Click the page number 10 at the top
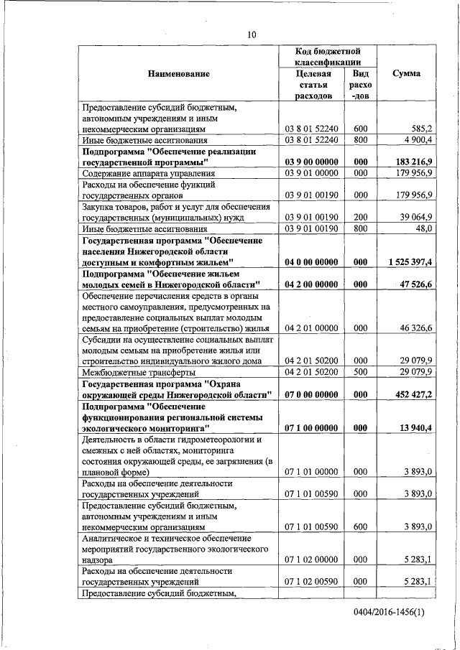[x=252, y=34]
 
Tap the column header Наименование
[x=179, y=74]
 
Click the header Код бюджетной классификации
[x=327, y=57]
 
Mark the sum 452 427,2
[x=412, y=394]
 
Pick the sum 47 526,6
[x=413, y=284]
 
